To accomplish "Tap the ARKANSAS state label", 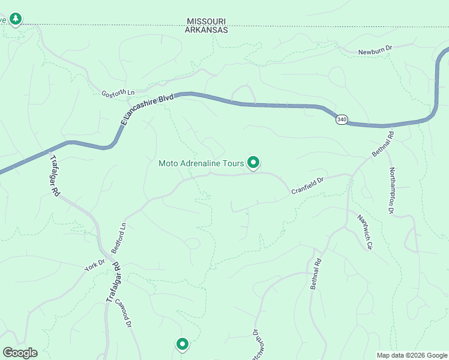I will click(x=207, y=29).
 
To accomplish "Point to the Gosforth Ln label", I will click(x=118, y=94).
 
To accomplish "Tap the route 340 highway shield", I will click(x=341, y=119).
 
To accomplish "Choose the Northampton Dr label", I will click(x=391, y=190).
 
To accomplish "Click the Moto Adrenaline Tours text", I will click(x=201, y=163).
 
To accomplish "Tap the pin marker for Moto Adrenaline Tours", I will click(x=253, y=162).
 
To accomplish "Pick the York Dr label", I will click(x=94, y=265).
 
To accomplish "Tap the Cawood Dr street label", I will click(x=123, y=313).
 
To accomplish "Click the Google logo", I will click(x=19, y=353).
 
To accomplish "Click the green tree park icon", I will click(x=16, y=19).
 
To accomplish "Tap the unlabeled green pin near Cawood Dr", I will click(x=182, y=344).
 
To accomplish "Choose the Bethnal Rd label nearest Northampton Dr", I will click(x=382, y=145).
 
